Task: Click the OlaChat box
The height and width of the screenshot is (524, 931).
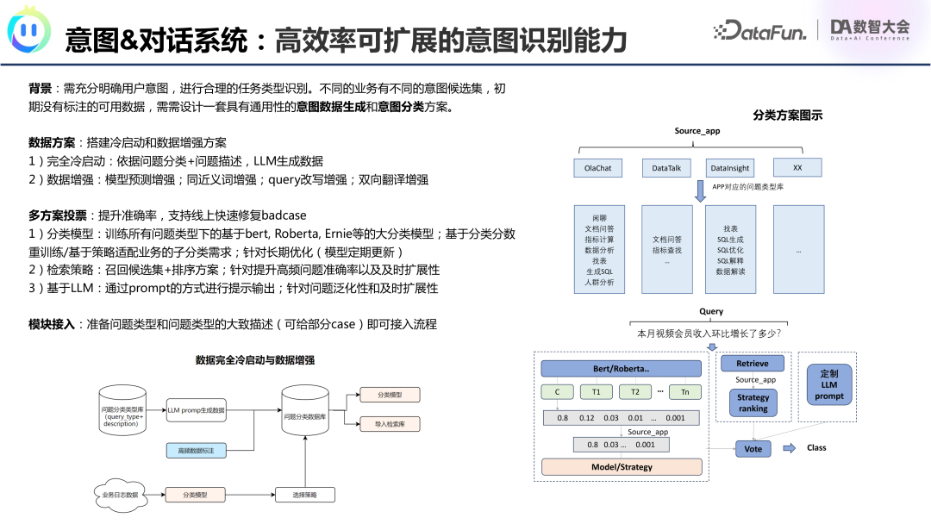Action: click(x=598, y=168)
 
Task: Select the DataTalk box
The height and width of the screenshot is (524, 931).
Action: click(x=666, y=168)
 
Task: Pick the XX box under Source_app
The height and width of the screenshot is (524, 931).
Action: click(x=798, y=167)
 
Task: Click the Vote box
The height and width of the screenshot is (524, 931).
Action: click(x=753, y=449)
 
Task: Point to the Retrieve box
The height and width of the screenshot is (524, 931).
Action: click(x=753, y=364)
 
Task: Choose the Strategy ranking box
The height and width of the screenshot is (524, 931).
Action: click(x=753, y=402)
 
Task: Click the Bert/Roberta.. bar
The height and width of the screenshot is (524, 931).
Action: click(x=621, y=368)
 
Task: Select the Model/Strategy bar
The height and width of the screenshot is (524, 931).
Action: click(x=621, y=467)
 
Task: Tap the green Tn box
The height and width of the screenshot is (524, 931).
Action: click(x=685, y=391)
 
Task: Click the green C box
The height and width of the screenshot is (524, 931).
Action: click(x=558, y=391)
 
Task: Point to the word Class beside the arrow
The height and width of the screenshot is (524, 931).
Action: click(x=816, y=448)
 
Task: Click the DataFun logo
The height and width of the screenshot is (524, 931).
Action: click(x=759, y=30)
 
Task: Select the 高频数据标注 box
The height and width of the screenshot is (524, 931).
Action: click(x=196, y=450)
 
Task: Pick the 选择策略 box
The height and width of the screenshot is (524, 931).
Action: click(x=304, y=495)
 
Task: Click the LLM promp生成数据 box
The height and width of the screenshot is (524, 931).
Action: click(x=196, y=410)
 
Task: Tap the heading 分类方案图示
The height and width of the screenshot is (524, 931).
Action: click(x=787, y=115)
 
